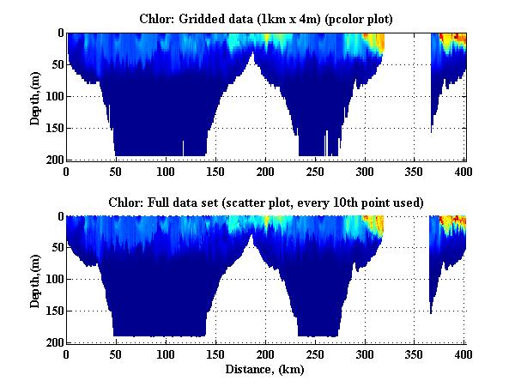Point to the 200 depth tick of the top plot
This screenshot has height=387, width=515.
[x=55, y=160]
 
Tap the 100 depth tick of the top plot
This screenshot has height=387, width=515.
[x=55, y=97]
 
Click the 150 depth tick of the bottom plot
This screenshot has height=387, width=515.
[x=55, y=311]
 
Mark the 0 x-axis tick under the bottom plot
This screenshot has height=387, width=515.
[x=67, y=354]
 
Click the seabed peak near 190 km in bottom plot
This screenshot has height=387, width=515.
[x=251, y=235]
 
